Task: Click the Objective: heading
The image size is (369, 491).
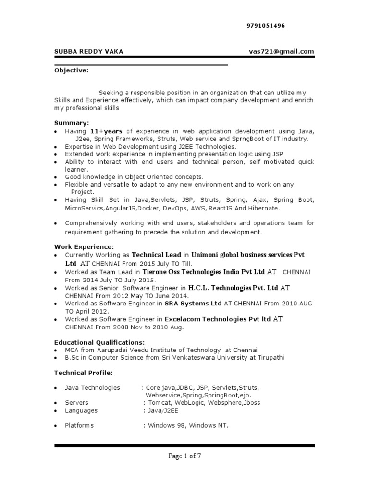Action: [x=72, y=71]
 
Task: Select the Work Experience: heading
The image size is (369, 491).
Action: [x=84, y=246]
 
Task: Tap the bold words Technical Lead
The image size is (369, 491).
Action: [x=156, y=255]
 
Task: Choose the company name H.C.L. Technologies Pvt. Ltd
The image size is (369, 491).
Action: [x=233, y=288]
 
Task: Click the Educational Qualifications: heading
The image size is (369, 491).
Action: [x=99, y=342]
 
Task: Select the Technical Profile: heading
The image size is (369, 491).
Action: [x=83, y=373]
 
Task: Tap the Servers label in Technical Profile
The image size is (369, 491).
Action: [x=77, y=403]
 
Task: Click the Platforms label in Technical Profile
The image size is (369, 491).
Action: [x=80, y=425]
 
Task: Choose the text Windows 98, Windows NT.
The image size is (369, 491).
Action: [x=188, y=425]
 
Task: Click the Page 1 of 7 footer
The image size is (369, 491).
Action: [x=184, y=456]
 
